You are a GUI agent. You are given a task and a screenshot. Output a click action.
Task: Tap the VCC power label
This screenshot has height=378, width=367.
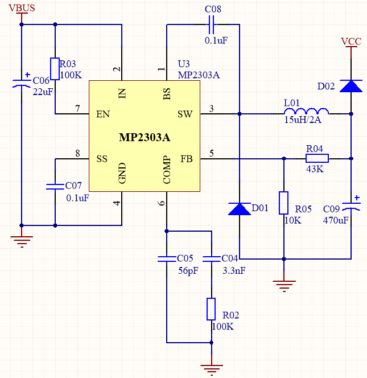(351, 41)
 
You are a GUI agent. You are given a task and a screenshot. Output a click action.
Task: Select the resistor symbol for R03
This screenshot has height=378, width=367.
(55, 69)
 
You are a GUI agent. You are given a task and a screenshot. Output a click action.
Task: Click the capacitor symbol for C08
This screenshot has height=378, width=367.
(212, 24)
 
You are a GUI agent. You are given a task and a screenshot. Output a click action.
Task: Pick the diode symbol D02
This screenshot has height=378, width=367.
(351, 86)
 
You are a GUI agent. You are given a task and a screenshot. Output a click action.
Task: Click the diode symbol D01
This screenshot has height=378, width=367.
(239, 209)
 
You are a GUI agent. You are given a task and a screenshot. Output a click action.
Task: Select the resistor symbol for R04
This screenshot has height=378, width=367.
(317, 159)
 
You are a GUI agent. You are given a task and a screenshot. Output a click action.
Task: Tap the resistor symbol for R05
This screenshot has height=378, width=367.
(283, 203)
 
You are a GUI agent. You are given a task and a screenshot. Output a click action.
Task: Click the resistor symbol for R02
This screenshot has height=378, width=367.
(211, 309)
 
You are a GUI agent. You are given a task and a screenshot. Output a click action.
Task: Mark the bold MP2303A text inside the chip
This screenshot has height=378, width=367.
(145, 138)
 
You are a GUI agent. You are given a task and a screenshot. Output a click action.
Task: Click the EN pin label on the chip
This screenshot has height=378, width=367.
(103, 114)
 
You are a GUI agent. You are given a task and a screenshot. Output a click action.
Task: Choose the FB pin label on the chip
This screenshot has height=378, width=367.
(187, 159)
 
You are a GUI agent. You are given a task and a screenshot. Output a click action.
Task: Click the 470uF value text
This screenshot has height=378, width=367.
(335, 220)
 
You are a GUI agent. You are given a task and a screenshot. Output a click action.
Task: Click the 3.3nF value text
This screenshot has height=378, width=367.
(233, 271)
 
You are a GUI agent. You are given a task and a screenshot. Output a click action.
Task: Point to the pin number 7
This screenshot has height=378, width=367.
(77, 108)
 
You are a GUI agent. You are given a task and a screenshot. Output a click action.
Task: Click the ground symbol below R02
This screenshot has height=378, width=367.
(211, 369)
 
